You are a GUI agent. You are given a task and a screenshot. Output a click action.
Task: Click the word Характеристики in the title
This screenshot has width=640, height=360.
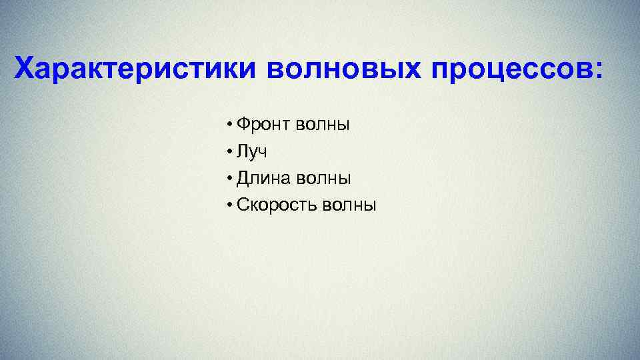click(x=137, y=69)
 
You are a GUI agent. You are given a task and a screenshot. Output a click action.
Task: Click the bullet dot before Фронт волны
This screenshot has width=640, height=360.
click(x=229, y=125)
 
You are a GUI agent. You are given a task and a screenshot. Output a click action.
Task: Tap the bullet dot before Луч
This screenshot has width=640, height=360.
click(x=229, y=152)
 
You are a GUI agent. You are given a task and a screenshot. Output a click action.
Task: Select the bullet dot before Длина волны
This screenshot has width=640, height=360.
click(x=229, y=179)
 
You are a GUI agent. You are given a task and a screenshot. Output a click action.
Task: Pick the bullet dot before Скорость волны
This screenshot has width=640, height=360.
click(x=229, y=205)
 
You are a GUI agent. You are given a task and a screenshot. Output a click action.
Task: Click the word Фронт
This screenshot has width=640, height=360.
click(x=262, y=125)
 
